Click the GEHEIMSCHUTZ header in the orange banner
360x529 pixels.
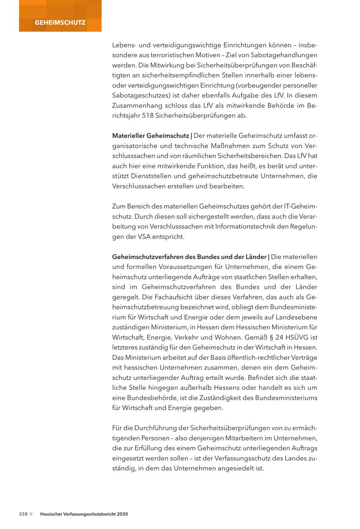coord(60,22)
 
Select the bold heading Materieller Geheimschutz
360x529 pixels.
coord(150,136)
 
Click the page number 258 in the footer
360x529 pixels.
coord(24,514)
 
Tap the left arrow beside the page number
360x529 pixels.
coord(31,514)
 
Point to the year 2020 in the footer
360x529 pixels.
coord(122,514)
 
